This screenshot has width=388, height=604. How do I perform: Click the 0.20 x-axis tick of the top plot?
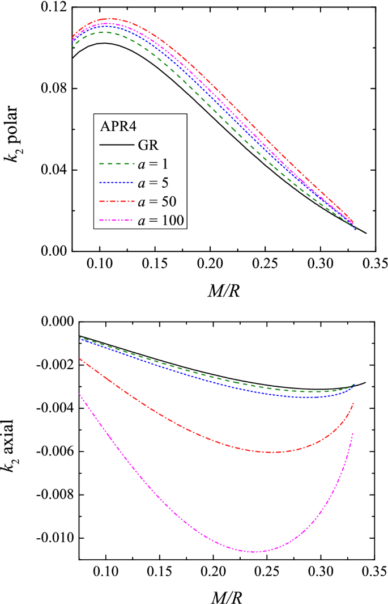point(210,264)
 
